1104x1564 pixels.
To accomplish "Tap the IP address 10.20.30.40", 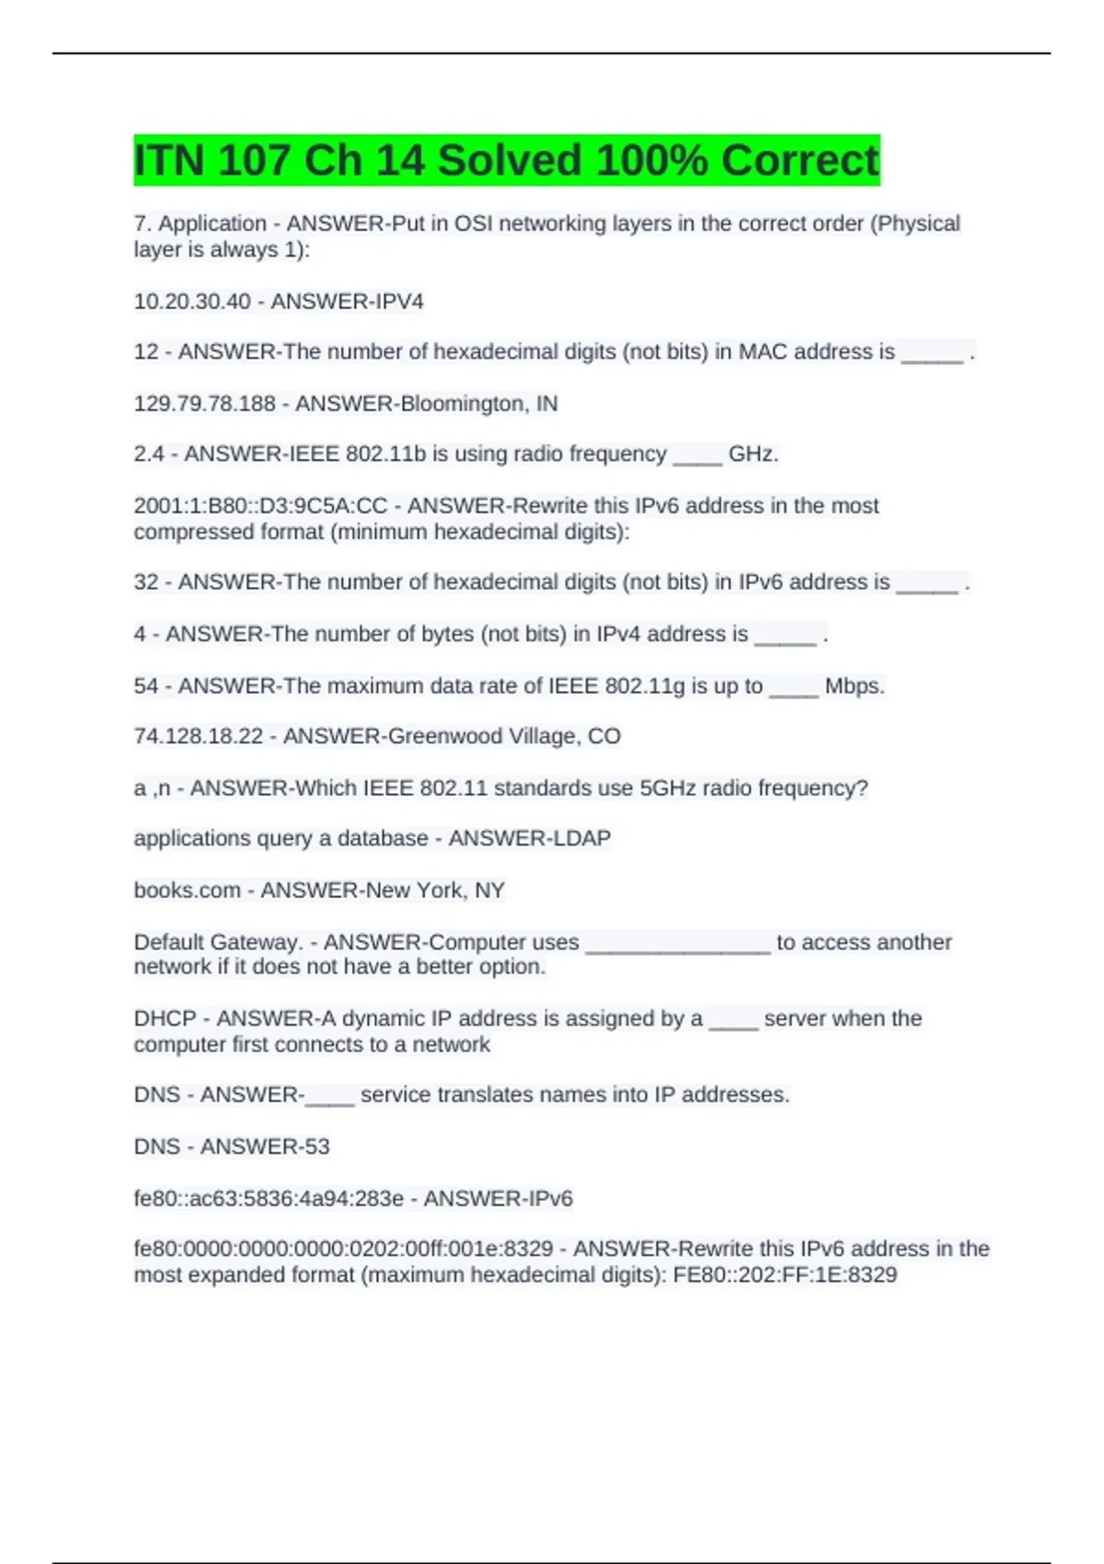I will (x=192, y=302).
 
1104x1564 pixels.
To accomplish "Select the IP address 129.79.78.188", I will (x=205, y=404).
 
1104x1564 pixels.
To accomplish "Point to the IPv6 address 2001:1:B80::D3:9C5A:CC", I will (x=261, y=506).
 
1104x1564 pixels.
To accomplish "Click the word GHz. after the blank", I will (x=753, y=454).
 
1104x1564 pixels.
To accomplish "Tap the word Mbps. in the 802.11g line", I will (x=855, y=686).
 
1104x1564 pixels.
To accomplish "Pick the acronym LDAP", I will (x=581, y=839).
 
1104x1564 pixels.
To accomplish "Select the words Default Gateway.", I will (x=218, y=942).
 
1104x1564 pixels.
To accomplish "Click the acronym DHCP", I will (x=165, y=1018).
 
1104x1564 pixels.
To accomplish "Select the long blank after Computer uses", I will (x=677, y=944).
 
